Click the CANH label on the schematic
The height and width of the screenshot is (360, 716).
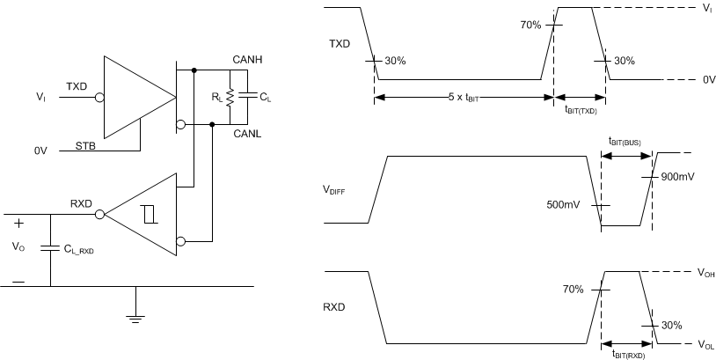[x=248, y=58]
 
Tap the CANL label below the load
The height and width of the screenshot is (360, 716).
[x=248, y=135]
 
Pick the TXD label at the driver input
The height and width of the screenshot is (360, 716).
[x=77, y=86]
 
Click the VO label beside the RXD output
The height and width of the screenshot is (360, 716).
[x=18, y=248]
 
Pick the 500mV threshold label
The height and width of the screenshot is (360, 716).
[x=563, y=205]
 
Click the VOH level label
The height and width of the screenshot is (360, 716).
[x=704, y=273]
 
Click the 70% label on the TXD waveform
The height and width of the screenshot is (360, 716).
[x=532, y=25]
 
